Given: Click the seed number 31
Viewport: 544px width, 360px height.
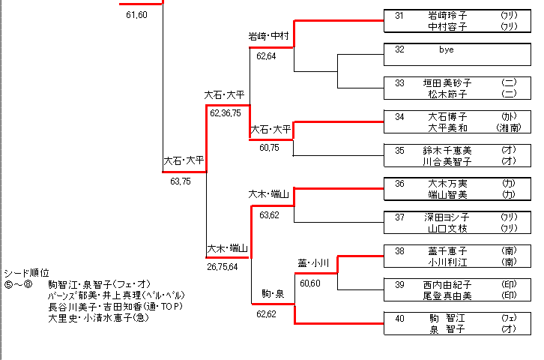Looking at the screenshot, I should [x=400, y=15].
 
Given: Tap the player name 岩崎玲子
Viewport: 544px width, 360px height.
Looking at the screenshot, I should [x=447, y=15].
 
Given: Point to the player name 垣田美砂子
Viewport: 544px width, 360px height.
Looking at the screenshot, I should [x=447, y=82].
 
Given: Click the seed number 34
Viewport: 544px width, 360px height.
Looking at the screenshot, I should [x=400, y=116].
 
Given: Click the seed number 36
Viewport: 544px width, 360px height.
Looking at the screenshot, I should [x=400, y=184].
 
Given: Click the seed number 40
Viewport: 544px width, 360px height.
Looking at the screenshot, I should [x=400, y=319].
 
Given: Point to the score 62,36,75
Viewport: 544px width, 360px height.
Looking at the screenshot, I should [x=226, y=113].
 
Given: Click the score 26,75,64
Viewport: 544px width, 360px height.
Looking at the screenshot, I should [x=223, y=265].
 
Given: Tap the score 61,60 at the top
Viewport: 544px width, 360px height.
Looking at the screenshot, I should [x=136, y=15].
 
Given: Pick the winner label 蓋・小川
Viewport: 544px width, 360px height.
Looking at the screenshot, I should [x=313, y=262].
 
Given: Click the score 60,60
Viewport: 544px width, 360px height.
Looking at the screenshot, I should [x=310, y=283].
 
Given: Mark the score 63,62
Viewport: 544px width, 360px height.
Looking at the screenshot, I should [x=269, y=215].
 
